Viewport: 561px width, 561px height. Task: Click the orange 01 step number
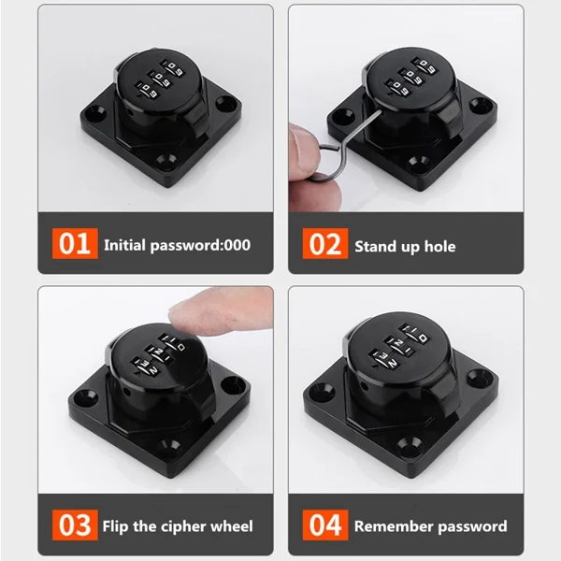pos(74,245)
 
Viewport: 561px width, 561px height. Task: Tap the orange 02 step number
pos(324,245)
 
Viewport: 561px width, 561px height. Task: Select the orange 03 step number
pos(74,525)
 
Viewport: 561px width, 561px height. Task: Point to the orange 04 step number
pos(324,525)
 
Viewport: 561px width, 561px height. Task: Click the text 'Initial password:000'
pos(177,246)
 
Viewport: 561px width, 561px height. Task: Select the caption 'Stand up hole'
pos(405,246)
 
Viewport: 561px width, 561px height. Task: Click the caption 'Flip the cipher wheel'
pos(178,525)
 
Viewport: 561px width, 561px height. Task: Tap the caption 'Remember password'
pos(430,525)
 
